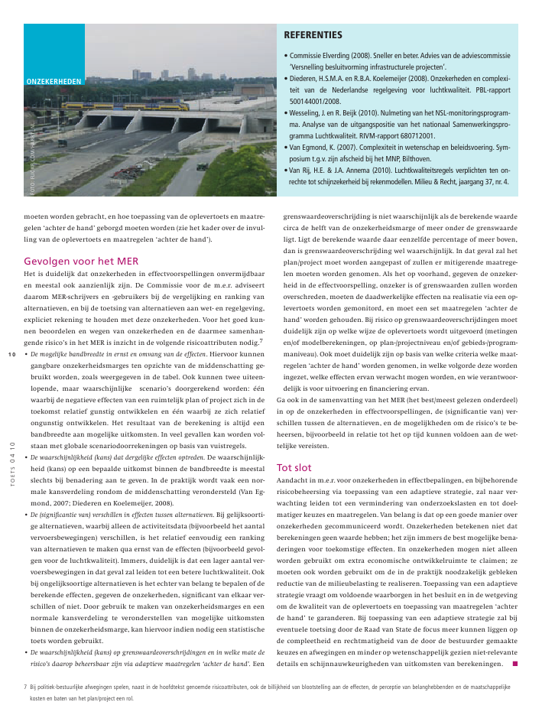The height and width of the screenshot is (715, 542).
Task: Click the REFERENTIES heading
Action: point(313,35)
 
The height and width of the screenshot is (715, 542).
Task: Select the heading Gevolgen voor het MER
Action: point(81,261)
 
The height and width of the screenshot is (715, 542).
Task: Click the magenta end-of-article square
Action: point(515,663)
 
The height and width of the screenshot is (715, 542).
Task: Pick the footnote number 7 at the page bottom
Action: point(26,687)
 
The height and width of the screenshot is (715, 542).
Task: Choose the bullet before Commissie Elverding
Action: point(286,57)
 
